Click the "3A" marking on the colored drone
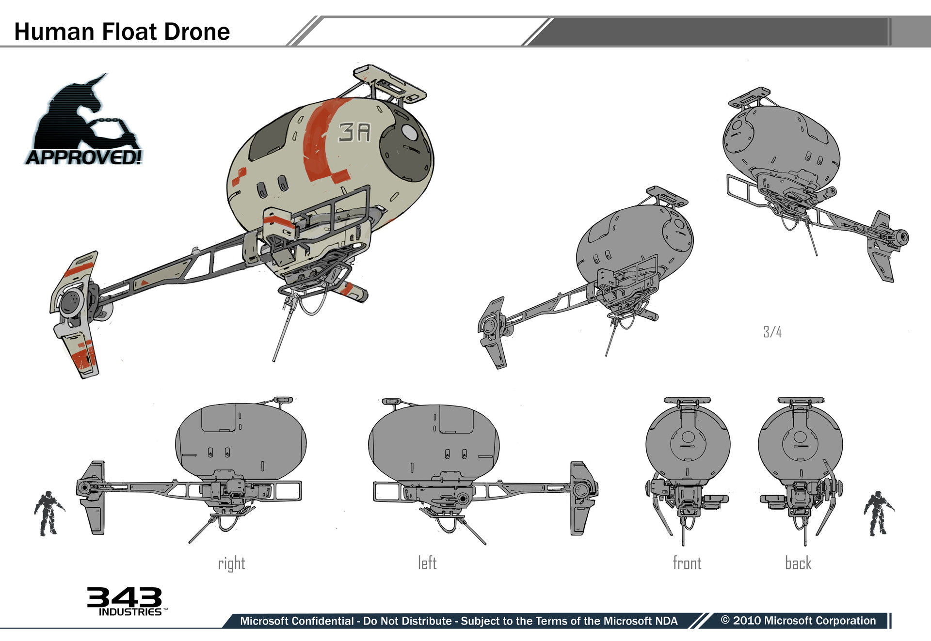click(x=355, y=132)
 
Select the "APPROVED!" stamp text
click(x=84, y=157)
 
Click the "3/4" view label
click(x=772, y=332)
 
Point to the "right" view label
click(x=231, y=563)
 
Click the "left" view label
click(x=427, y=563)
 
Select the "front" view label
click(x=687, y=563)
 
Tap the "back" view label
click(x=798, y=563)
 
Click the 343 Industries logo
click(x=125, y=601)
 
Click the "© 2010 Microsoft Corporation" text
click(x=798, y=621)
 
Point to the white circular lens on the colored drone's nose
click(x=409, y=132)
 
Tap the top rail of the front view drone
click(x=687, y=401)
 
